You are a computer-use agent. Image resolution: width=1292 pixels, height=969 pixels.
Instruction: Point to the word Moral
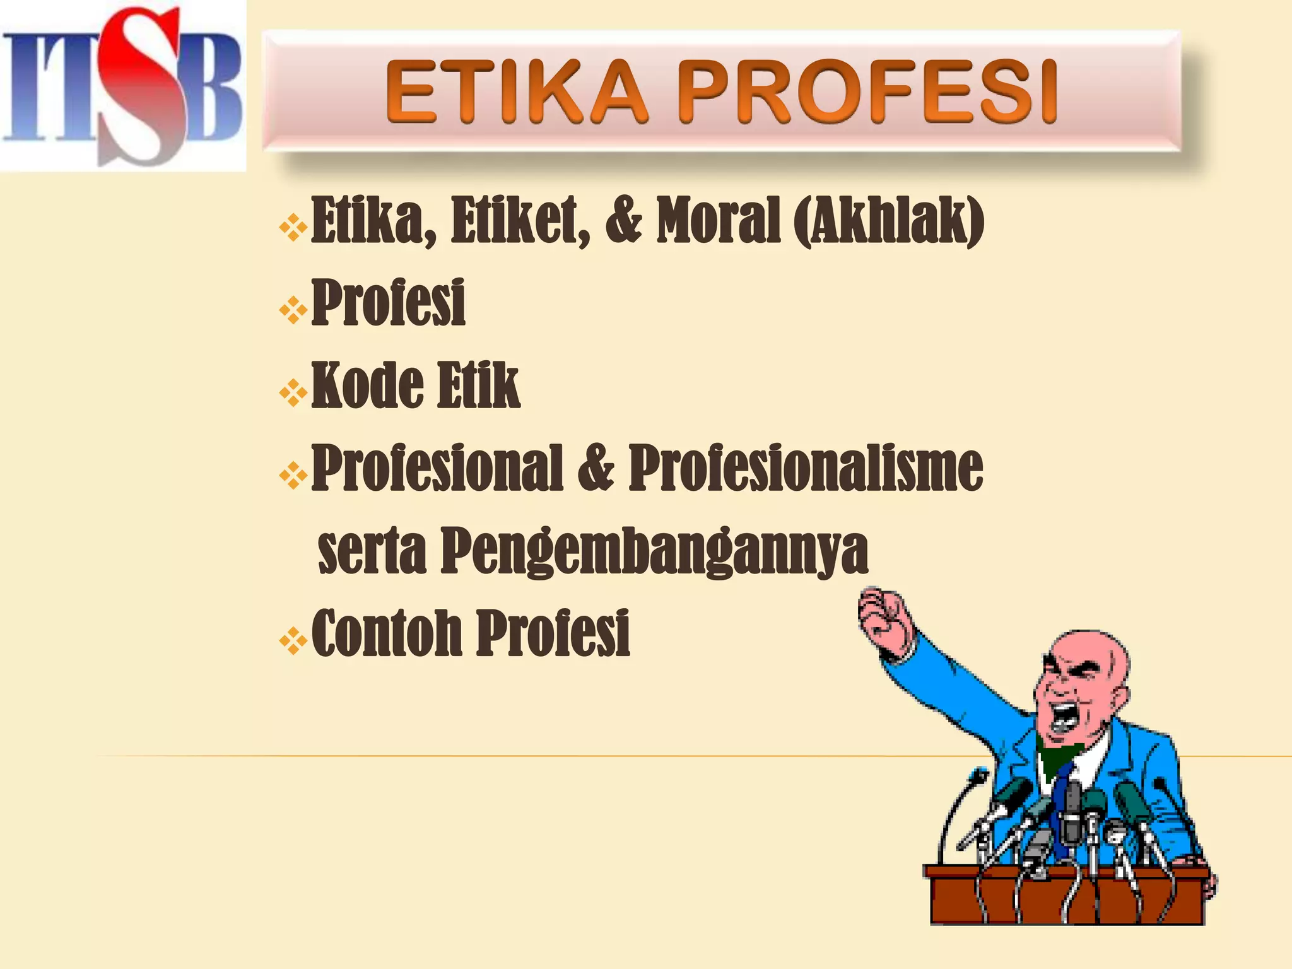point(719,220)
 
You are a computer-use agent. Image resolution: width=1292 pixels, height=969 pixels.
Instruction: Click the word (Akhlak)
point(889,220)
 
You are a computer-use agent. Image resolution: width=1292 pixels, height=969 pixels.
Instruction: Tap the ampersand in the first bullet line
point(623,220)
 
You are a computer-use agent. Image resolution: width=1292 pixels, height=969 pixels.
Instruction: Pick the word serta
point(372,551)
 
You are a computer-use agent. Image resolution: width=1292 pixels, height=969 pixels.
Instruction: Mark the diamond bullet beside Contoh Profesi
point(293,642)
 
